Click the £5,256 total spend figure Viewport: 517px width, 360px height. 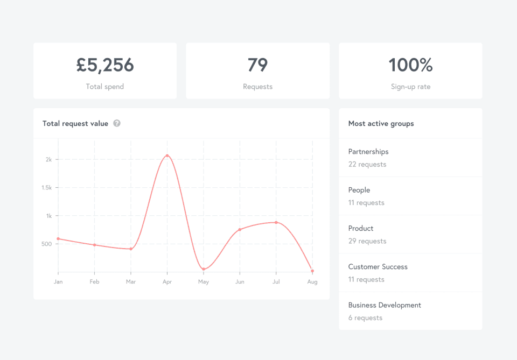pos(105,65)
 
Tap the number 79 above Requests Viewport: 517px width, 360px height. pos(257,65)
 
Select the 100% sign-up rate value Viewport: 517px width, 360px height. pos(410,65)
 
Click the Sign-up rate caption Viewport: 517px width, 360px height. pos(410,87)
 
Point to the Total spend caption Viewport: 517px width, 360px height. pos(105,87)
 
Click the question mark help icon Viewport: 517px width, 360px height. pos(117,123)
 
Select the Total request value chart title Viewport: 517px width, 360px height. pos(75,123)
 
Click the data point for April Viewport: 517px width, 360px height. pos(167,156)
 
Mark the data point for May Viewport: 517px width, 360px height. pos(204,269)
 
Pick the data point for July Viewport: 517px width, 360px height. pos(276,222)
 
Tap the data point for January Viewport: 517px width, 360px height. pos(58,239)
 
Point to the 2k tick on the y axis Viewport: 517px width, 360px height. pos(48,159)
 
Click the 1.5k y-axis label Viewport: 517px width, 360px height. pos(47,188)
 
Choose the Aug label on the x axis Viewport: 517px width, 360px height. pos(312,282)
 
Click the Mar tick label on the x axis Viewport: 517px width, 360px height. pos(131,282)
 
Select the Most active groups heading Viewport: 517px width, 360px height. pos(381,123)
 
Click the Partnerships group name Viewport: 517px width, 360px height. pos(368,152)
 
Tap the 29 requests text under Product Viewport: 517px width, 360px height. pos(367,241)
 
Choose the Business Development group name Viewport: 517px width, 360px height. pos(385,305)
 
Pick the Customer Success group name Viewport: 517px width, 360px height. pos(378,267)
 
